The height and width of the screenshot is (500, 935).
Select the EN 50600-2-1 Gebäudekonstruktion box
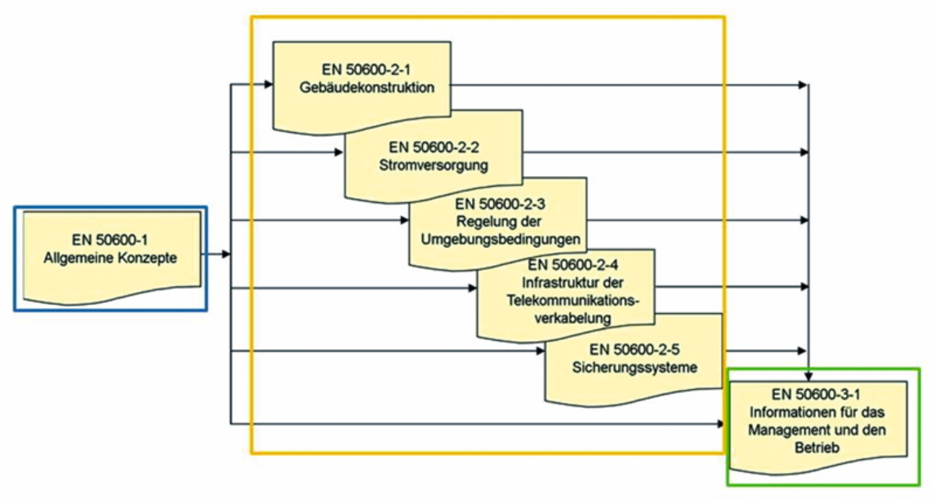(362, 84)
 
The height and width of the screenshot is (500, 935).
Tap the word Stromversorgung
(433, 165)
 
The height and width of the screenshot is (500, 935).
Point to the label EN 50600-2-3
(499, 204)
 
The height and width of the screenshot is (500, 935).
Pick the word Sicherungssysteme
(634, 367)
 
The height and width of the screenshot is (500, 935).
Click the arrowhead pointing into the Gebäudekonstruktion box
(269, 85)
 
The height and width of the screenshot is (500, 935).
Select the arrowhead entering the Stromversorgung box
(339, 153)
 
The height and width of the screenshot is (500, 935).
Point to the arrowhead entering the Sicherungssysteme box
(541, 351)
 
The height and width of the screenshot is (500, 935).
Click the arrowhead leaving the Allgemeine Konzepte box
(226, 254)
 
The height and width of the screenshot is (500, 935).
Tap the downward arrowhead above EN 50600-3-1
(809, 377)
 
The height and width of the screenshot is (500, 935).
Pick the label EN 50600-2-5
(634, 349)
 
